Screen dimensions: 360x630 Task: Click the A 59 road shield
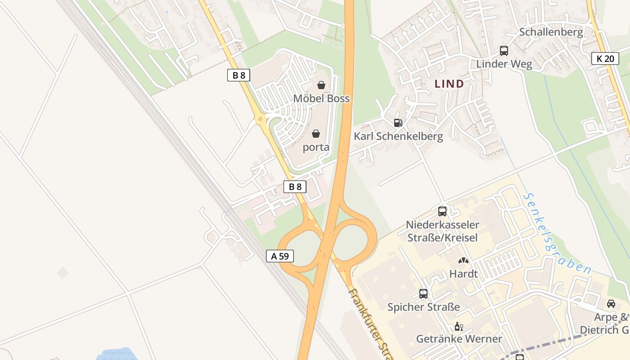pos(279,256)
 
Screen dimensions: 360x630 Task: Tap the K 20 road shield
pos(605,58)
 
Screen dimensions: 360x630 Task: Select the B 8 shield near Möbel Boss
pos(238,75)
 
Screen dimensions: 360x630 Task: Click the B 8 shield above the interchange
pos(295,187)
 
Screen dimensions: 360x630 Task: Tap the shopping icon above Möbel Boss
pos(321,85)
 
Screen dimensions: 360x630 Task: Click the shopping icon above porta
pos(316,134)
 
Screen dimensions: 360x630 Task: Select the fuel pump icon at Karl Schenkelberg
pos(398,122)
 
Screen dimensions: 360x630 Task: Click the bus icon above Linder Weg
pos(504,51)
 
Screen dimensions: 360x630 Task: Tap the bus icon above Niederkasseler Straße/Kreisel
pos(442,211)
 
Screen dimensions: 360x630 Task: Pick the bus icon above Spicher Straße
pos(423,294)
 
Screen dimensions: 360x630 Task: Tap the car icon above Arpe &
pos(611,304)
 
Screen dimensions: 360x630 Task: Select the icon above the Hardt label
pos(463,260)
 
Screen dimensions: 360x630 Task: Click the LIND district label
pos(449,84)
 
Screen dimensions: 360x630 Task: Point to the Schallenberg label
pos(551,32)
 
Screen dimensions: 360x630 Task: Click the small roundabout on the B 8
pos(260,120)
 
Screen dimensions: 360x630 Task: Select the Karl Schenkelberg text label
pos(398,136)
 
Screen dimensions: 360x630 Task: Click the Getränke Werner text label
pos(459,339)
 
